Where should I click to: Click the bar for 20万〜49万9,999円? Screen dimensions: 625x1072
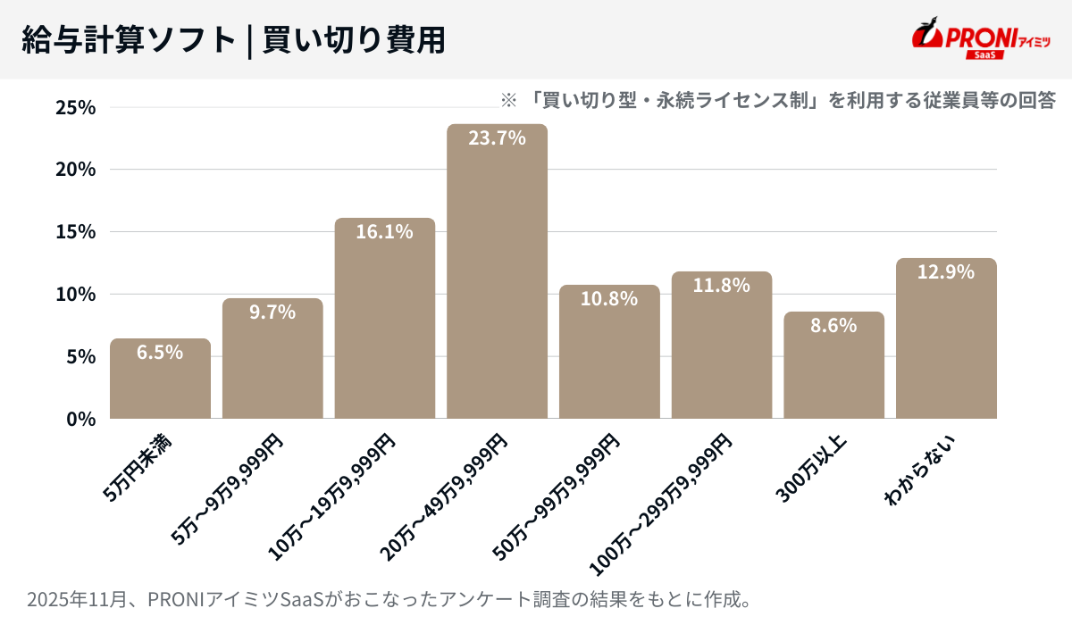(497, 277)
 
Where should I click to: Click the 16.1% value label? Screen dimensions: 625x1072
(385, 232)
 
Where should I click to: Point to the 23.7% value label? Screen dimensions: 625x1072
(498, 138)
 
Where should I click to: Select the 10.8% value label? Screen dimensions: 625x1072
(609, 299)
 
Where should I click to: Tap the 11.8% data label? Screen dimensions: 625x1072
(722, 286)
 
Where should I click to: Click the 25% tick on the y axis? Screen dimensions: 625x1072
(75, 107)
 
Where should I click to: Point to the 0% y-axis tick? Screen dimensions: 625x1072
(80, 419)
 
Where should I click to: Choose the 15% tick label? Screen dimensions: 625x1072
(75, 232)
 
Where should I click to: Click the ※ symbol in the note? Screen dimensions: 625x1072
(508, 99)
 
